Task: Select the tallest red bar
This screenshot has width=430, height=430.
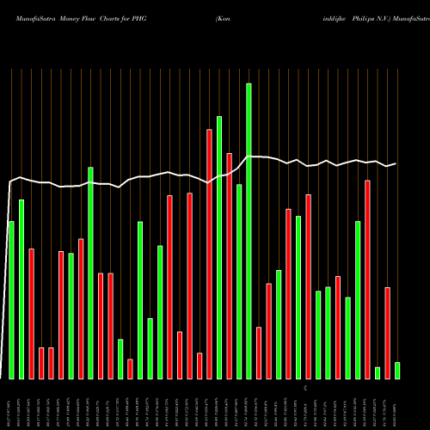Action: pos(209,254)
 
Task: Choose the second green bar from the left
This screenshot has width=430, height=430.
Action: pos(21,289)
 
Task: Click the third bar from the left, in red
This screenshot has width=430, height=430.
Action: pos(31,313)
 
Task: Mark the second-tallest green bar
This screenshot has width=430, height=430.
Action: pos(219,247)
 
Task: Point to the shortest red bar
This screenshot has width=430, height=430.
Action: pos(130,368)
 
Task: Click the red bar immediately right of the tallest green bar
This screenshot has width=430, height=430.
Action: pos(259,353)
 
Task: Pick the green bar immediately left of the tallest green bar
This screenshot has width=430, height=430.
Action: pos(239,281)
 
